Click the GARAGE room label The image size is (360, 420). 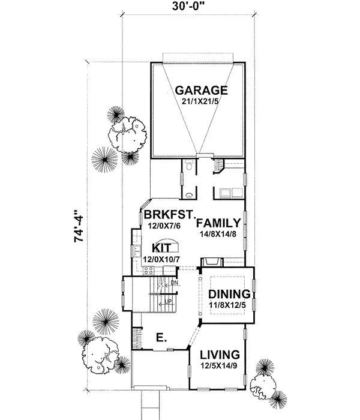coord(201,91)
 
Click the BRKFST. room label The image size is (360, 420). coord(170,213)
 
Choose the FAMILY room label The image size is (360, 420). coord(218,221)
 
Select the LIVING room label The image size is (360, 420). coord(220,354)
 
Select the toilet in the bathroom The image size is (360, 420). coord(189,166)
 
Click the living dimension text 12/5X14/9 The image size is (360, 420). coord(220,365)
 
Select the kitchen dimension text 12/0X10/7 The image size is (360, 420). coord(162,259)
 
